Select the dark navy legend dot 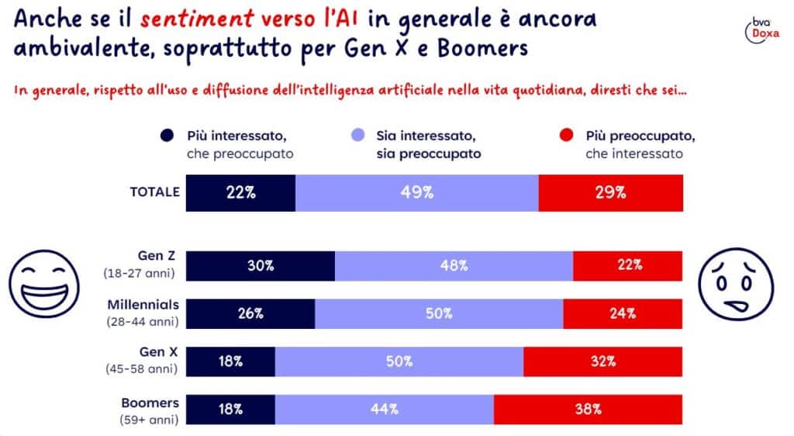166,137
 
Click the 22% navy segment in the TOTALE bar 241,193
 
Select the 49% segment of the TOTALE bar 416,193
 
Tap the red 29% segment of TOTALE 610,193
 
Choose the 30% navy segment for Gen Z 261,265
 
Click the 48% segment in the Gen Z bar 454,265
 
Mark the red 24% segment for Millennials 623,313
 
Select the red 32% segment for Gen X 602,362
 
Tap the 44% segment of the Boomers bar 384,409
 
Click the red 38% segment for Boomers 588,409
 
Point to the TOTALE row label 154,192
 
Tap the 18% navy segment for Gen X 231,362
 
